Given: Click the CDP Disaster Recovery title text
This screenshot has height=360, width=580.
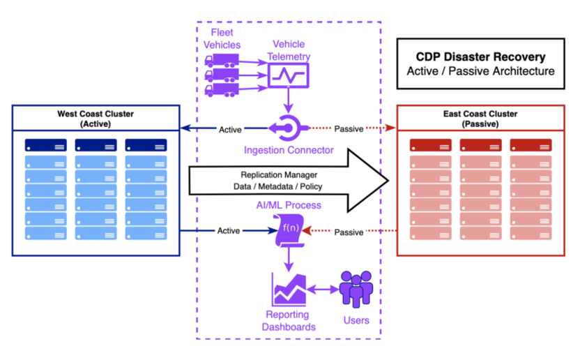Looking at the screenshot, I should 480,57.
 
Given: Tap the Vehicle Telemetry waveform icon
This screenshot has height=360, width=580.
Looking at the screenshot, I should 289,75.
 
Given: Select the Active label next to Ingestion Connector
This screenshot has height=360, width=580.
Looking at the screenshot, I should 230,129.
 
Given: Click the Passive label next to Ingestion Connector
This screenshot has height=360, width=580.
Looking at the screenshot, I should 349,129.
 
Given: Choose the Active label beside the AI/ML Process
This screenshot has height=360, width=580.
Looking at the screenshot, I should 229,231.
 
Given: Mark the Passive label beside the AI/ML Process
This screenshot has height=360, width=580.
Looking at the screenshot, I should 349,232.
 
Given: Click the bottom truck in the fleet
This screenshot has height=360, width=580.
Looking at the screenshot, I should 222,89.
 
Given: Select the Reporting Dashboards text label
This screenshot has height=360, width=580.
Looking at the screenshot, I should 289,322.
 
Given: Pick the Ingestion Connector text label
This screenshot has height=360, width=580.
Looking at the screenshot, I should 289,150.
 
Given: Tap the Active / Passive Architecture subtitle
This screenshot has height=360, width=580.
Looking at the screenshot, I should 480,71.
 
